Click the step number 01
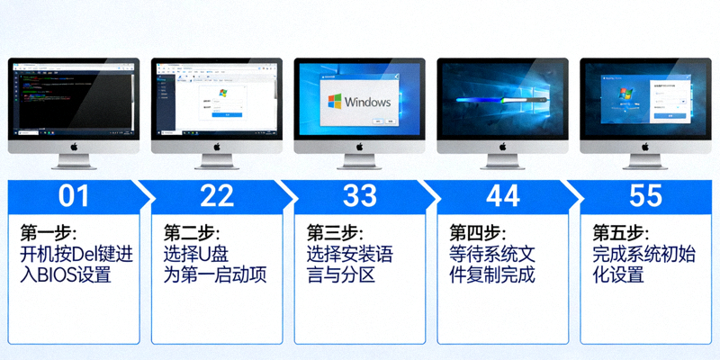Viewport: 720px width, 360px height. pos(74,195)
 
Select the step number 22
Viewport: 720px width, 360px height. pos(217,195)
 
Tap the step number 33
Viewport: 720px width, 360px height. pos(360,195)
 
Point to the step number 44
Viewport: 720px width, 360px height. pos(503,195)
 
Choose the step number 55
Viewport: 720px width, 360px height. pos(646,195)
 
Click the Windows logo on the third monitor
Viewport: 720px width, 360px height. pos(335,101)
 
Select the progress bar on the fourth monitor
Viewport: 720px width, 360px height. pos(502,100)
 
